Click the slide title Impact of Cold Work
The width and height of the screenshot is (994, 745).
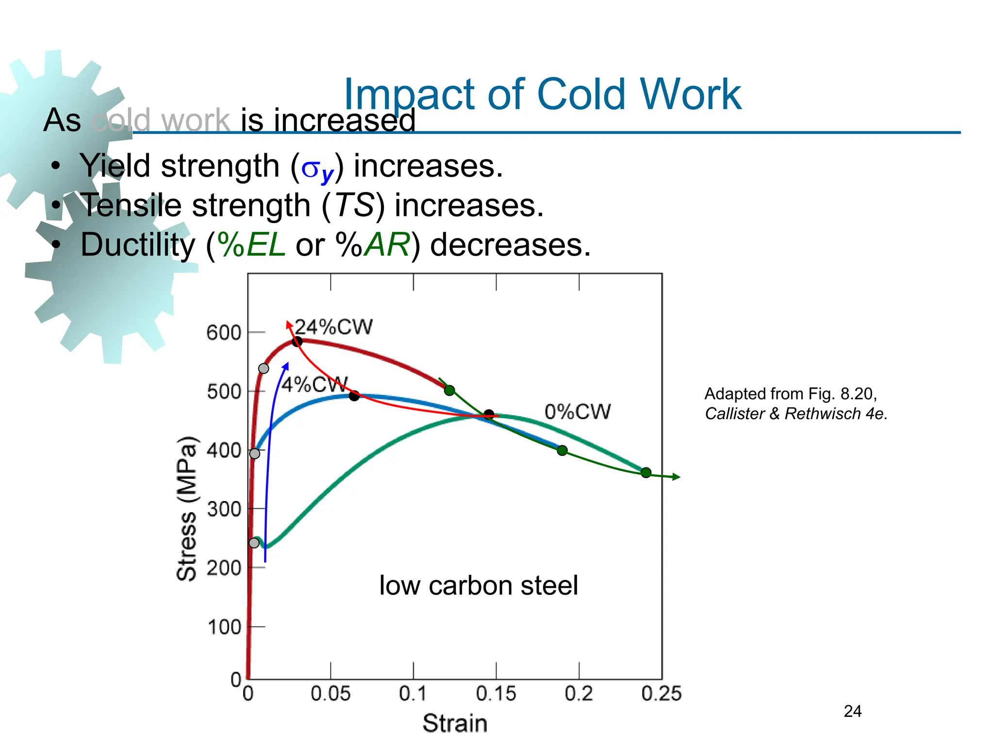[x=542, y=95]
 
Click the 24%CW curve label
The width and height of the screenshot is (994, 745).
[x=334, y=327]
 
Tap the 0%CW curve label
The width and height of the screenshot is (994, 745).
[x=577, y=412]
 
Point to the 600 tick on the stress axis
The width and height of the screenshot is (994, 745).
[x=224, y=333]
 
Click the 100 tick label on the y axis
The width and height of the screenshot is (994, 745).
[x=224, y=628]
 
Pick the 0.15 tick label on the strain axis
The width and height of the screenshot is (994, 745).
[x=496, y=694]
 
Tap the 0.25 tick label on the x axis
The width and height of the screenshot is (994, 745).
[x=661, y=694]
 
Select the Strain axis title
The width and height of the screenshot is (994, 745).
[x=455, y=723]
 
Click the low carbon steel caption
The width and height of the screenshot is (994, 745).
[x=478, y=585]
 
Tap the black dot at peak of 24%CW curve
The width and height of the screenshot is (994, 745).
[x=297, y=341]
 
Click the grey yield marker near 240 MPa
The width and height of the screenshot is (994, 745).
[x=254, y=543]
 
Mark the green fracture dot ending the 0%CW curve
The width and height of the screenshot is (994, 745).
[x=646, y=472]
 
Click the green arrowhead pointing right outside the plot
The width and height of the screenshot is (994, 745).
[x=676, y=477]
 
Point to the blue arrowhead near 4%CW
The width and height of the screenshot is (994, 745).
[x=286, y=366]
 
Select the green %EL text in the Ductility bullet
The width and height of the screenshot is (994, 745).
[x=251, y=244]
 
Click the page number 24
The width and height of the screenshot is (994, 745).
[x=853, y=712]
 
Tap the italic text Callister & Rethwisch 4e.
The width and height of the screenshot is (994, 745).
[x=796, y=414]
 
